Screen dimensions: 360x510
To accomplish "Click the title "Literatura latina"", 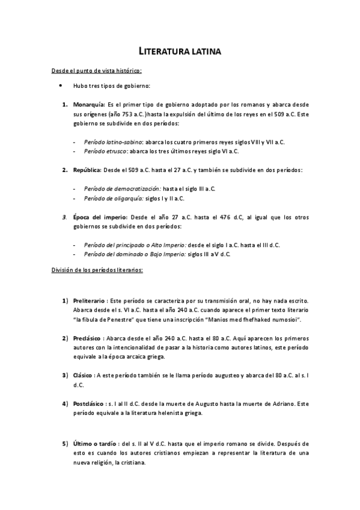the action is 180,53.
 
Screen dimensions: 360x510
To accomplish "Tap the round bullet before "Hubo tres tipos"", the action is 61,86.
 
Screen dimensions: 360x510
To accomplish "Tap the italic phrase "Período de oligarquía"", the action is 112,198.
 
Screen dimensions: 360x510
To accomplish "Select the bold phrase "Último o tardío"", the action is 95,444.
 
